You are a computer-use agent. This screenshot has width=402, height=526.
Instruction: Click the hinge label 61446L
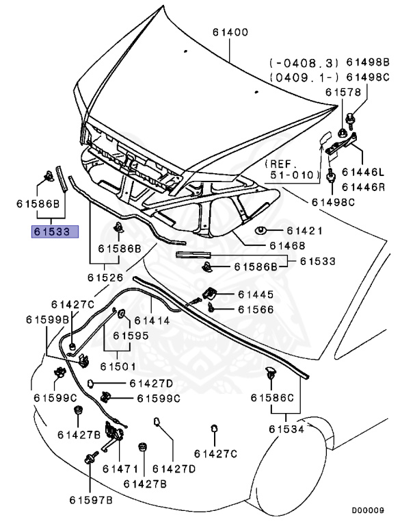(364, 172)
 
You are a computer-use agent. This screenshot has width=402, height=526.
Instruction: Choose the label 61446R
(364, 186)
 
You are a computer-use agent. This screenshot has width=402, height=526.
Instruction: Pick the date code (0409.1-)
(298, 77)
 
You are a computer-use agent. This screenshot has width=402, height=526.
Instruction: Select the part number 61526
(106, 277)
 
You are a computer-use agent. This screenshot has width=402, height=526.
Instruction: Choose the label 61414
(151, 319)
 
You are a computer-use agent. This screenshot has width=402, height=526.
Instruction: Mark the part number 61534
(287, 429)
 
